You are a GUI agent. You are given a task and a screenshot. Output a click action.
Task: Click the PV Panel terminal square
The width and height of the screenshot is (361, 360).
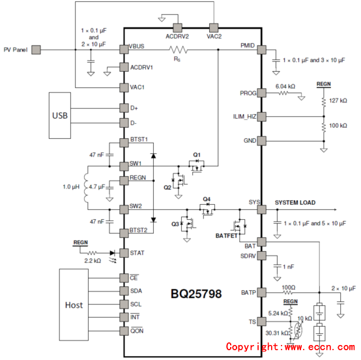coord(36,50)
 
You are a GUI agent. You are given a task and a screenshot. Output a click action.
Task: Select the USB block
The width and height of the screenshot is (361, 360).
coord(60,115)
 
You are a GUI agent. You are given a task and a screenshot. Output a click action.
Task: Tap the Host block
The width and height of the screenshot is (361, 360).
coord(74,305)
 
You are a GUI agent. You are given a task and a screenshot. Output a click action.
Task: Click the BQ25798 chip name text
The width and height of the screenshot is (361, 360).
coord(196,293)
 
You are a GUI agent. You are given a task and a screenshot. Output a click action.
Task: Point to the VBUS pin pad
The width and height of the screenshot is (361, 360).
coord(124,50)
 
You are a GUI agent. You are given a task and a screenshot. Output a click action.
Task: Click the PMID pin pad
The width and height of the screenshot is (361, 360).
coord(261,50)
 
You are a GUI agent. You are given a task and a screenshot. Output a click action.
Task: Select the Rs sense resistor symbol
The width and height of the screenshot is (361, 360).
coord(178,50)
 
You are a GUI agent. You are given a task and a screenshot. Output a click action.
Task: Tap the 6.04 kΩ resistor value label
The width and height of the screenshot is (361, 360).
coord(285,87)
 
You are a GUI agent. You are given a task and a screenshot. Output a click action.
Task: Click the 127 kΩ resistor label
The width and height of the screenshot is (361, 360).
coord(338,100)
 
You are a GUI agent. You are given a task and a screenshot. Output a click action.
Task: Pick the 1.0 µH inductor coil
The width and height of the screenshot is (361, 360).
coord(85,188)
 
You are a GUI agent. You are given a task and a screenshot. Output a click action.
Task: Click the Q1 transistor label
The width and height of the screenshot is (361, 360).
coord(197,155)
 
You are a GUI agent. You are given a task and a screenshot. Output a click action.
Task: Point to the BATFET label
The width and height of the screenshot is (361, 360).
coord(226,236)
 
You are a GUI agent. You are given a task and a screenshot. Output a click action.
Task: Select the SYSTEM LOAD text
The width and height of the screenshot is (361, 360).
coord(295,203)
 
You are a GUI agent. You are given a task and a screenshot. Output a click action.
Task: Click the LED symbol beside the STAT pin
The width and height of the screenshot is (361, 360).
coord(112,253)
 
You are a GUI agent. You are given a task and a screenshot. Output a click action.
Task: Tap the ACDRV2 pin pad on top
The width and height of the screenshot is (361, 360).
coord(177,27)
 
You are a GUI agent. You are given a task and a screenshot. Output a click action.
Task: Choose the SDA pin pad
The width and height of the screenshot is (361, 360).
coord(124,291)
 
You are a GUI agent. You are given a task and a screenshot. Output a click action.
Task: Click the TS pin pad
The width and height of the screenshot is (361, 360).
coord(261,322)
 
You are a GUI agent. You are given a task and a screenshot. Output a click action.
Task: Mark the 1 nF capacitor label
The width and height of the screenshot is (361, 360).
coord(289,267)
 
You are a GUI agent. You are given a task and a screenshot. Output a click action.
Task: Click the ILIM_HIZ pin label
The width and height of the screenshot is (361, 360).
coord(244,117)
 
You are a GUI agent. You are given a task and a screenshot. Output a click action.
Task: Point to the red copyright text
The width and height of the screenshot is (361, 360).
coord(291,347)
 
